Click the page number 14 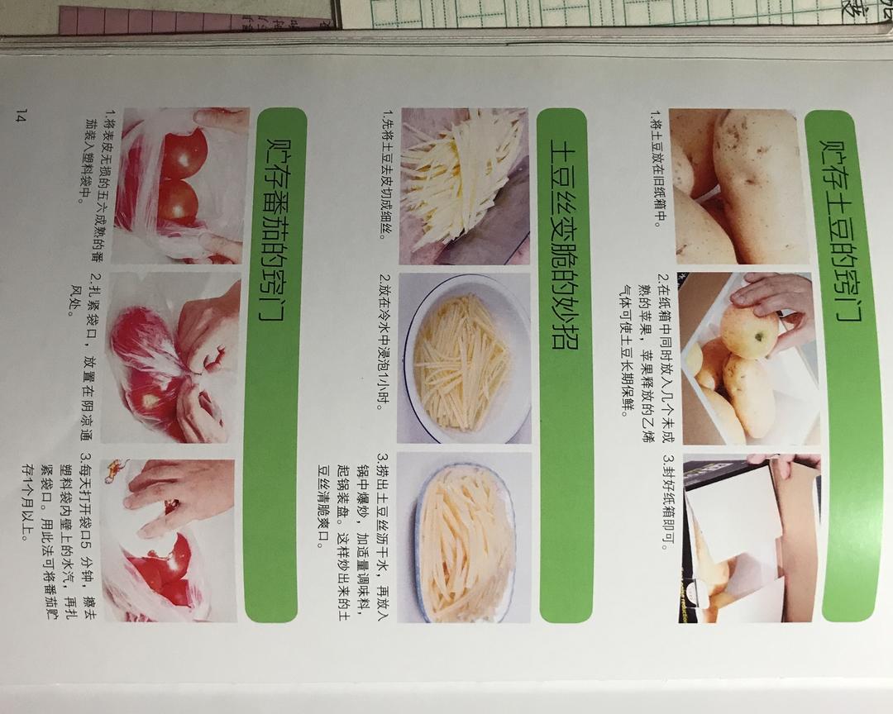coord(21,117)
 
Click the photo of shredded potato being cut coord(464,186)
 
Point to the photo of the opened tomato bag coord(169,540)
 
